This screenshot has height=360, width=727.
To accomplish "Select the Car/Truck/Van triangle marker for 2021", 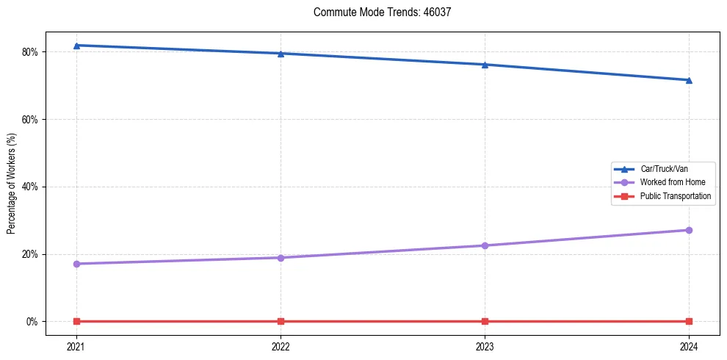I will point(76,46).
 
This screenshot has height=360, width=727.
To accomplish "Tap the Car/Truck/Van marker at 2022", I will point(281,54).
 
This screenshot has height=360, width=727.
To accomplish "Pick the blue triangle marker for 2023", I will point(485,65).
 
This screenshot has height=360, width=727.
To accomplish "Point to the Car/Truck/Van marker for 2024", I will point(689,80).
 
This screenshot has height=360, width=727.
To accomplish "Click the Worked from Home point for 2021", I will point(76,264).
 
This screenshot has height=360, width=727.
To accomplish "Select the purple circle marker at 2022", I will point(281,258).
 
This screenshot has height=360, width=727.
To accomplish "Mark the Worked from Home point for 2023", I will point(485,245).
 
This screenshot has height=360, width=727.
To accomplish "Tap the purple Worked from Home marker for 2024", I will point(689,230).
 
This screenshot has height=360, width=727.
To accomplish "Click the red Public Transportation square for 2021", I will point(76,321).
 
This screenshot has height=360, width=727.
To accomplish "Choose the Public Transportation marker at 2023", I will point(485,321).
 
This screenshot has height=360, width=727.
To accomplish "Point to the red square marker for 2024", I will point(689,321).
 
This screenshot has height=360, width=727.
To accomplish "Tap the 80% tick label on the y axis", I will point(30,52).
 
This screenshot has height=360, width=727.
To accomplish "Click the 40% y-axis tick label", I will point(30,187).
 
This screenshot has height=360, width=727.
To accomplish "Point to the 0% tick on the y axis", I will point(32,322).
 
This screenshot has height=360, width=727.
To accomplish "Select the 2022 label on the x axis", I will point(281,345).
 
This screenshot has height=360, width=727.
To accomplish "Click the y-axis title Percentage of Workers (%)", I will point(12,184).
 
